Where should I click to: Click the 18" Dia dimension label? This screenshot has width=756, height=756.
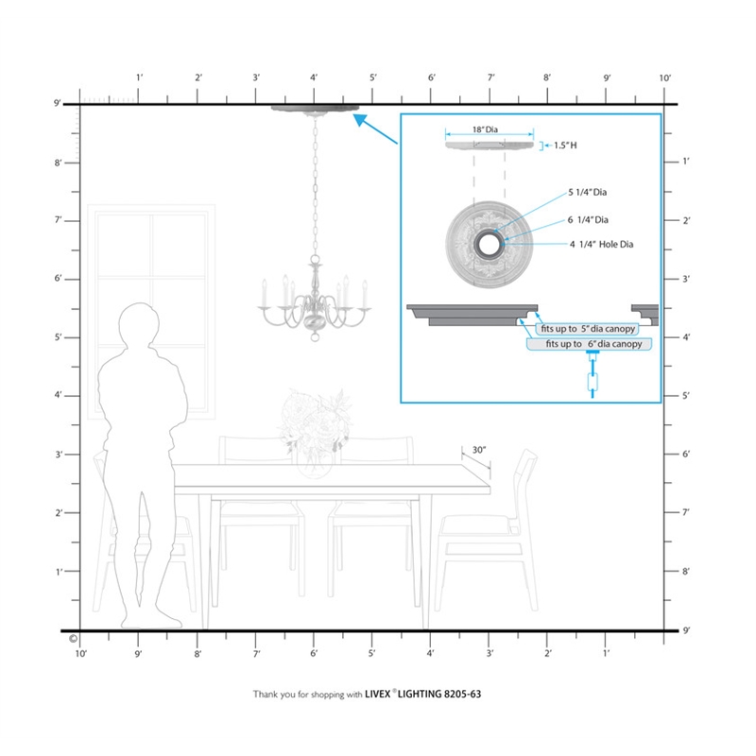[485, 129]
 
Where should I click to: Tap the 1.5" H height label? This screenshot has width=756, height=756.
[565, 146]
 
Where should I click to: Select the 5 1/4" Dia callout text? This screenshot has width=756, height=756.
[587, 192]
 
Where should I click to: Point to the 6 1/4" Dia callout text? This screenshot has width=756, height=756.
[588, 220]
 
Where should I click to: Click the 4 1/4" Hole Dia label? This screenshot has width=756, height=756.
[601, 245]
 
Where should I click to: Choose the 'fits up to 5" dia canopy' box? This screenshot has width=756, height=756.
[587, 329]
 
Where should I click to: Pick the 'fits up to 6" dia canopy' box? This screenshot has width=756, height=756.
[589, 344]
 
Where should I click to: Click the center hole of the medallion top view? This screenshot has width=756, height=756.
[490, 245]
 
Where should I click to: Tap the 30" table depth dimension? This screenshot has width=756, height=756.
[479, 450]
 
